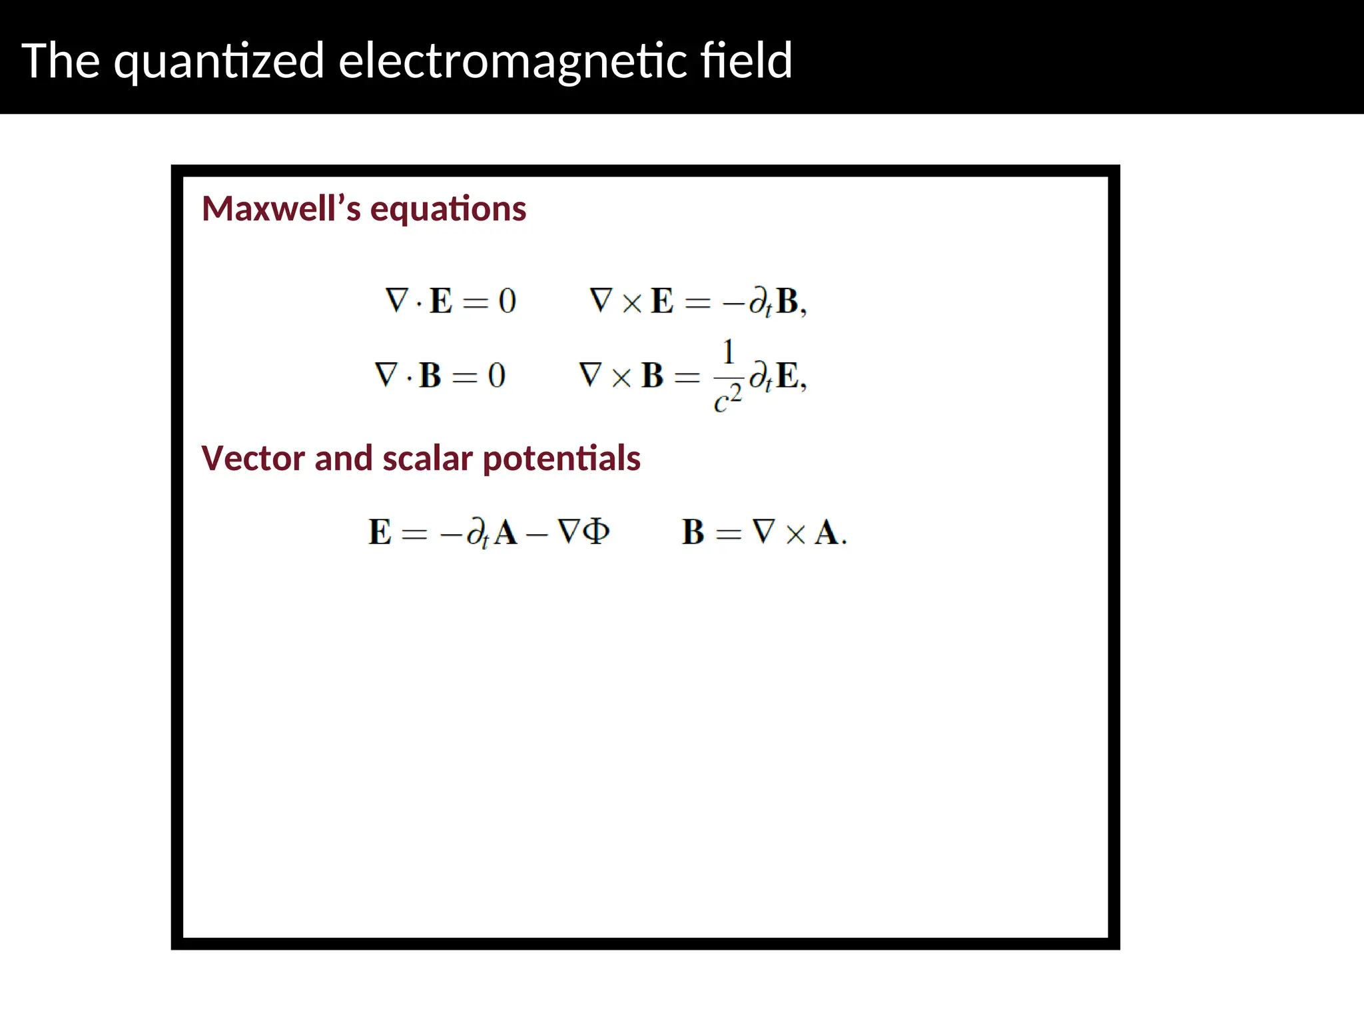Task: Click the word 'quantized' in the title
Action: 218,62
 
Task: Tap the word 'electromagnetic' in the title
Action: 512,62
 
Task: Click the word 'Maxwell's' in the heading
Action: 280,208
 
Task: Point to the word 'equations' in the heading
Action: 448,210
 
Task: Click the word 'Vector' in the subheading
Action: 252,458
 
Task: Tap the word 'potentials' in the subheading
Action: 561,460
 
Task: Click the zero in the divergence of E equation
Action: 507,301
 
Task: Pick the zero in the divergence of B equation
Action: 496,376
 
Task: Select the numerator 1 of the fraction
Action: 728,352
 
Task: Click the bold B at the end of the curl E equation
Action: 787,301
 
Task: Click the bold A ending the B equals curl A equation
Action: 827,532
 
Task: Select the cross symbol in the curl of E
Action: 631,303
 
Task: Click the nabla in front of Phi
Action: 568,531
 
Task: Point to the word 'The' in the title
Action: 61,61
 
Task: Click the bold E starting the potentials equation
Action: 380,532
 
